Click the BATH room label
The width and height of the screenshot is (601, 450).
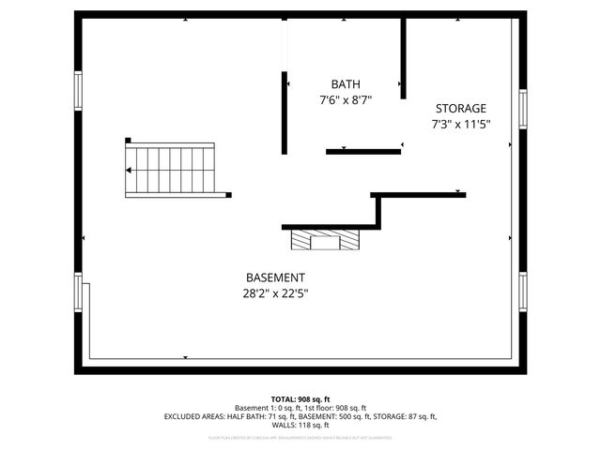point(345,83)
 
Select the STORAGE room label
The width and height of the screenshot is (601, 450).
point(460,108)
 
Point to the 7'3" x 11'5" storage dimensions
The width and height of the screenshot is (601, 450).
point(461,123)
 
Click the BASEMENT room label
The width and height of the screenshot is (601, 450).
point(275,277)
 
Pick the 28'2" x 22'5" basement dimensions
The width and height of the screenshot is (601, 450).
point(275,292)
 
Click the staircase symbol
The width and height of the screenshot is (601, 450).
point(171,169)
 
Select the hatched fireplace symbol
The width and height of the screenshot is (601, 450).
point(325,241)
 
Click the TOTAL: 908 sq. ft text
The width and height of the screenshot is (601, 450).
point(300,398)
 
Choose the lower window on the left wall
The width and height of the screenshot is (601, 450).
point(79,292)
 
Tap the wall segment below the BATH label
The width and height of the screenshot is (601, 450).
point(363,151)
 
